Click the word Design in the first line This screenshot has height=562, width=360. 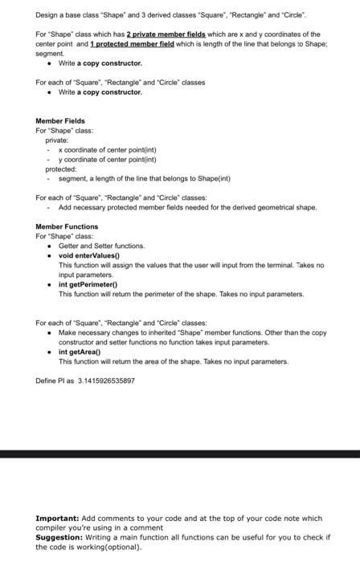46,15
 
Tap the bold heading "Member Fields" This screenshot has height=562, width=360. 60,120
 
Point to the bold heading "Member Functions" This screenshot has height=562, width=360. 67,226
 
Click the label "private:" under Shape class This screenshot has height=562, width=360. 56,140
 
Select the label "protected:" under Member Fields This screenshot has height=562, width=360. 60,169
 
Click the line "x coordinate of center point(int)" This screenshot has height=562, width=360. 109,149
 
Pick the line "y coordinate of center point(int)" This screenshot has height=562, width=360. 109,159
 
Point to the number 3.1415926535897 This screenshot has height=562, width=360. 106,381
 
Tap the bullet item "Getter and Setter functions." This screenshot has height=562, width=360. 101,246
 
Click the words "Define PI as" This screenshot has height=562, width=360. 55,381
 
